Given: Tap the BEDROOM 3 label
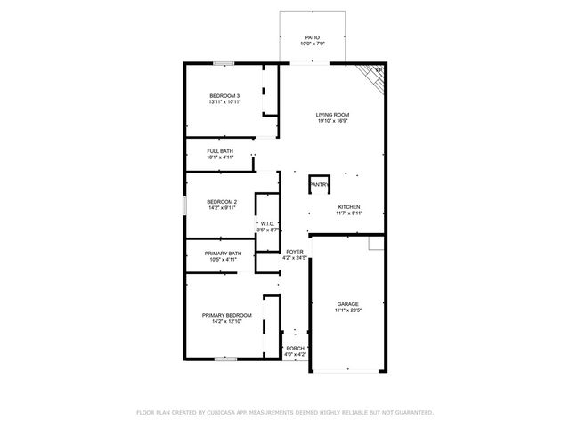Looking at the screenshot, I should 224,95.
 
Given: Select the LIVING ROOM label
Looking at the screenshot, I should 333,114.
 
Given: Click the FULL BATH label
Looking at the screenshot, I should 220,151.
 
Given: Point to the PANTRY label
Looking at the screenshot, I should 320,185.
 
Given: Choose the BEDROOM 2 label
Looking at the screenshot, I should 223,201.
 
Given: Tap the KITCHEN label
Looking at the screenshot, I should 348,207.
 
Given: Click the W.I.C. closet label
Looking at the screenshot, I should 269,223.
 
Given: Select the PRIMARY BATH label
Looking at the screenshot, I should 223,254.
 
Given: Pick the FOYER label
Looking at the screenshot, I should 295,252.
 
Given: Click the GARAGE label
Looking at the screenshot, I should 347,303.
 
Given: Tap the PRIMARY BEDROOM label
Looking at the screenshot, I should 226,315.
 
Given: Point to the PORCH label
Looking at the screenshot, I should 295,348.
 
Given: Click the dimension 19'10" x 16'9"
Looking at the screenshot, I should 333,121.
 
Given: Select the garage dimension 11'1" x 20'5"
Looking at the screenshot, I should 347,310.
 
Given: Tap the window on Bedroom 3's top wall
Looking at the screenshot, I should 224,63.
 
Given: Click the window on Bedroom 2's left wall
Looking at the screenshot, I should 185,204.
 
